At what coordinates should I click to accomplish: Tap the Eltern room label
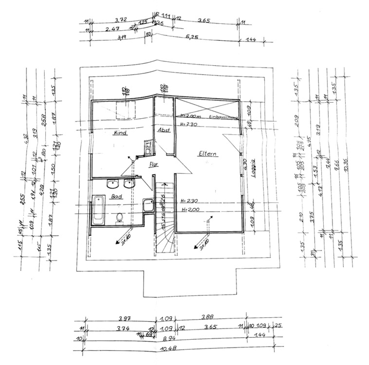tap(207, 154)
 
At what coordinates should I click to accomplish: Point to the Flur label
tap(141, 164)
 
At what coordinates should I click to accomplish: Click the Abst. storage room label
tap(163, 130)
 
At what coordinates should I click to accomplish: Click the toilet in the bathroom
tap(119, 218)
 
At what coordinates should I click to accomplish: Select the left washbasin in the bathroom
tap(112, 184)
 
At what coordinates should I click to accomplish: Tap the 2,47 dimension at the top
tap(112, 30)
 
